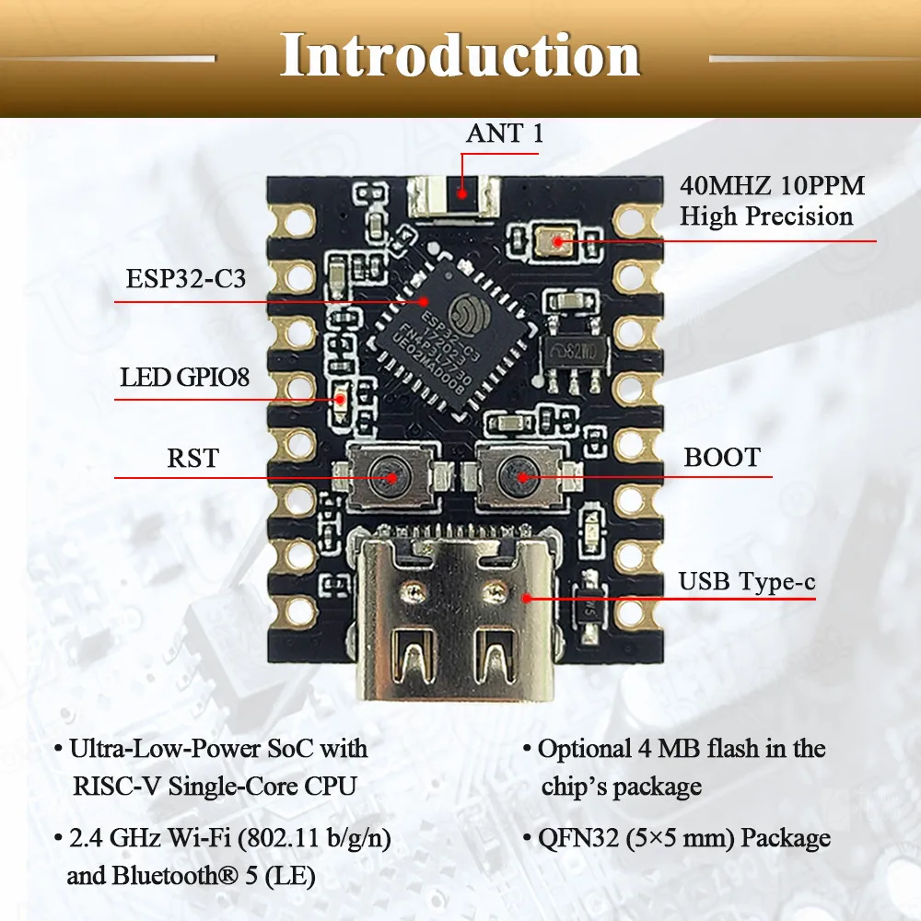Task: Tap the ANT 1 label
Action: pos(505,133)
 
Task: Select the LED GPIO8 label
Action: pos(184,378)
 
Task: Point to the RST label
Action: pos(193,457)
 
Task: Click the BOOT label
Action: pos(722,457)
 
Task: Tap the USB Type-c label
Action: pos(746,581)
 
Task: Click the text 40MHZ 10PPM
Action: pos(772,186)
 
